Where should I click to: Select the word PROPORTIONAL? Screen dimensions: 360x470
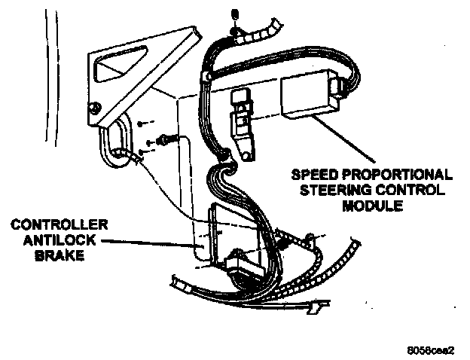click(392, 174)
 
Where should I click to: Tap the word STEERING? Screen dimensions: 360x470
click(337, 189)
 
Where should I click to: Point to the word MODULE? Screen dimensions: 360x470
click(371, 203)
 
